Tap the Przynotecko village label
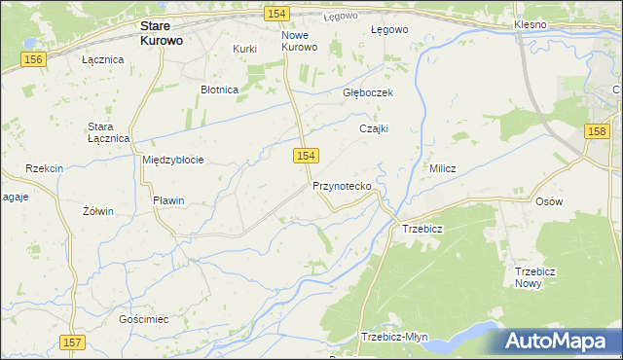(341, 186)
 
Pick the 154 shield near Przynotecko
(306, 156)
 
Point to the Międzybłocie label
(172, 160)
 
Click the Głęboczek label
(367, 92)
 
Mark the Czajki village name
(374, 128)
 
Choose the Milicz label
(443, 168)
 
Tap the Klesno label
(532, 22)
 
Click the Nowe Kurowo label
(300, 41)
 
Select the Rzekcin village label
(45, 168)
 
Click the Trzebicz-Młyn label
(394, 337)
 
